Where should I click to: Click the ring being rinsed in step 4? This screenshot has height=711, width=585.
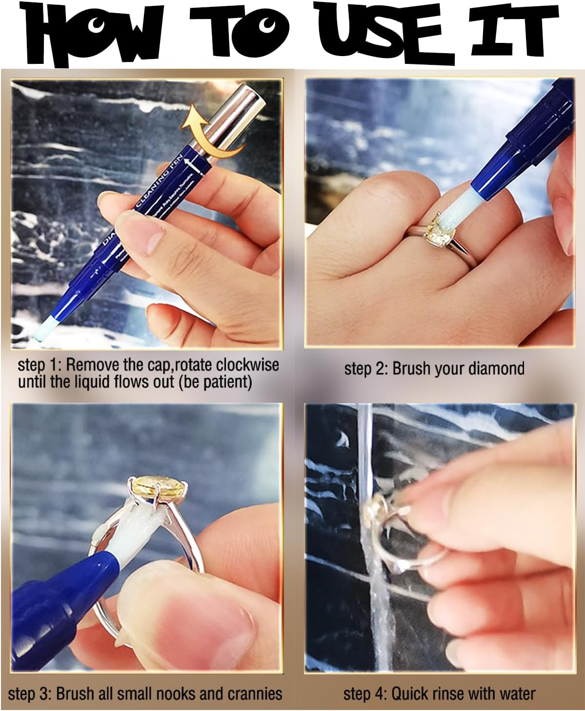tap(390, 536)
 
